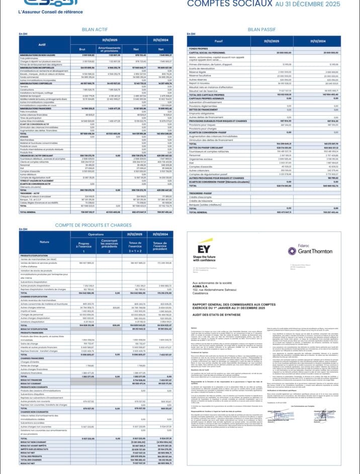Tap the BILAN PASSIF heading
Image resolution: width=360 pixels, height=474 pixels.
coord(260,29)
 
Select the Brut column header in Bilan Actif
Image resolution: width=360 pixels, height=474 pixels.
coord(82,48)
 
